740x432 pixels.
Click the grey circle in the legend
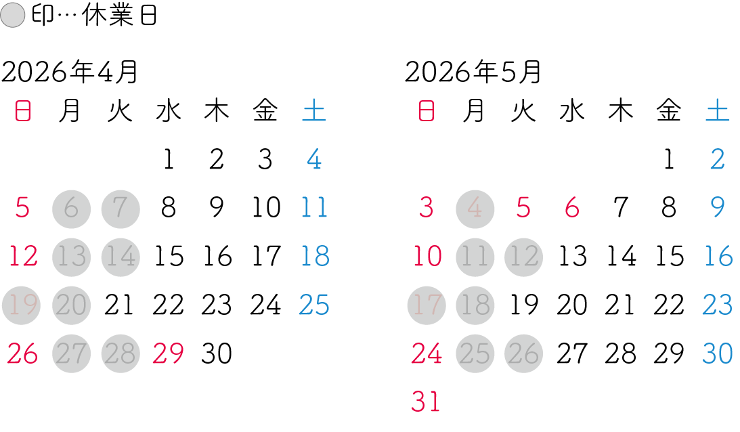pyautogui.click(x=13, y=16)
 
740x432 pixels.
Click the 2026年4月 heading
pyautogui.click(x=70, y=72)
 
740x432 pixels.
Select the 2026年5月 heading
pyautogui.click(x=473, y=72)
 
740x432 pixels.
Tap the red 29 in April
pyautogui.click(x=169, y=353)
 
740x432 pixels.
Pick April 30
pyautogui.click(x=217, y=353)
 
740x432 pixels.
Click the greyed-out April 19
pyautogui.click(x=22, y=305)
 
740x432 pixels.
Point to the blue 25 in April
pyautogui.click(x=314, y=305)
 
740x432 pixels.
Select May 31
pyautogui.click(x=426, y=402)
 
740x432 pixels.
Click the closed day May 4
pyautogui.click(x=475, y=208)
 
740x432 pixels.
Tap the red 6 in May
pyautogui.click(x=572, y=208)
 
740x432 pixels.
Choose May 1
pyautogui.click(x=669, y=160)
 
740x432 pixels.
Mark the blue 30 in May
pyautogui.click(x=718, y=353)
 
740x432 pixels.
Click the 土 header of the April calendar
pyautogui.click(x=314, y=111)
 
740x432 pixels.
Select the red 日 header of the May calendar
pyautogui.click(x=426, y=111)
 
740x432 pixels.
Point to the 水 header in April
pyautogui.click(x=168, y=111)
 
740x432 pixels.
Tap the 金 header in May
pyautogui.click(x=669, y=111)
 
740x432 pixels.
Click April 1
pyautogui.click(x=168, y=160)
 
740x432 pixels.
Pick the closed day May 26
pyautogui.click(x=524, y=353)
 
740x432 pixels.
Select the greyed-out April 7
pyautogui.click(x=121, y=208)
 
